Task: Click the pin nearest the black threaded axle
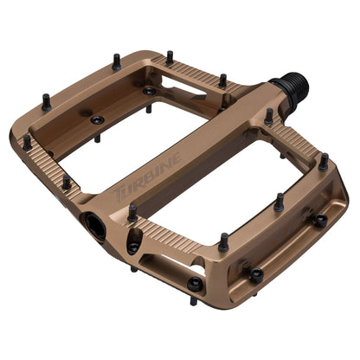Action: point(269,115)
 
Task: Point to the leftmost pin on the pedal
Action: point(27,141)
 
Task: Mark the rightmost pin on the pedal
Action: point(324,162)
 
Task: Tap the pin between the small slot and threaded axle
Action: point(222,80)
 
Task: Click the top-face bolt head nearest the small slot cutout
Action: point(149,90)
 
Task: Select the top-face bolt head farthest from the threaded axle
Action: point(96,119)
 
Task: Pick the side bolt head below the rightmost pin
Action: point(319,220)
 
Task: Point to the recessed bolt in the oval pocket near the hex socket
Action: point(133,247)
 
